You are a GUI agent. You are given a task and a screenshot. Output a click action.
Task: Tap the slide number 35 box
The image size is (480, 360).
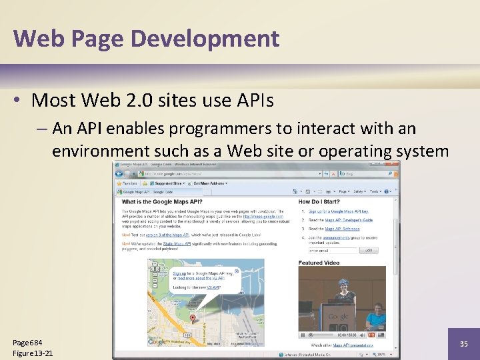tap(464, 344)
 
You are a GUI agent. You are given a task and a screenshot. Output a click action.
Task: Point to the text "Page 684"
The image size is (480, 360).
tap(27, 343)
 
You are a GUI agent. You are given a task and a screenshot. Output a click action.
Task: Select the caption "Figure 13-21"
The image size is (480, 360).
tap(33, 353)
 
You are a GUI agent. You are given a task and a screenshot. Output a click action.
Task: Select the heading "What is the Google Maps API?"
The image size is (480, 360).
tap(162, 201)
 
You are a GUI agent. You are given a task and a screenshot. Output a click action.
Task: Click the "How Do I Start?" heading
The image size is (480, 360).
tap(319, 201)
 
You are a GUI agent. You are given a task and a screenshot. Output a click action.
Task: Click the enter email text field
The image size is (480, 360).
tap(328, 251)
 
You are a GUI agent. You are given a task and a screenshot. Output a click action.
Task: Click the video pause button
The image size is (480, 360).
tap(303, 335)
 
